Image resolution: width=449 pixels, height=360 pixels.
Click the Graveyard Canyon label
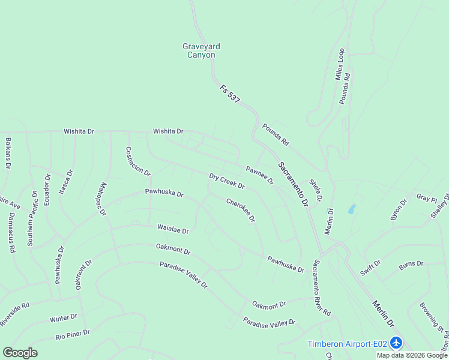tap(199, 50)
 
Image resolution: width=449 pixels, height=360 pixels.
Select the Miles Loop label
tap(340, 64)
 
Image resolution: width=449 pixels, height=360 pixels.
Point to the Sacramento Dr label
tap(293, 184)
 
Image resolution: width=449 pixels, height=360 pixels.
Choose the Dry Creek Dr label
tap(226, 181)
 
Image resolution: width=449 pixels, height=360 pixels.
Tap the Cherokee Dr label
tap(241, 210)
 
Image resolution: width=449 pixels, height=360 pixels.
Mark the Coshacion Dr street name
tap(138, 161)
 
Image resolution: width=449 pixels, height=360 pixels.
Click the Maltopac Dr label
tap(102, 199)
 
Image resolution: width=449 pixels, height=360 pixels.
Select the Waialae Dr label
tap(173, 229)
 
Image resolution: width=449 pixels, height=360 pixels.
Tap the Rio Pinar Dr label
tap(73, 334)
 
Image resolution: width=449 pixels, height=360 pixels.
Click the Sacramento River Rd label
tap(322, 287)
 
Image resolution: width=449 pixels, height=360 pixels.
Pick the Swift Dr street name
tap(370, 268)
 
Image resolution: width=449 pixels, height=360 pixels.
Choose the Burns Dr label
tap(411, 263)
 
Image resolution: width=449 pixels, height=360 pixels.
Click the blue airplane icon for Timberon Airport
tap(396, 343)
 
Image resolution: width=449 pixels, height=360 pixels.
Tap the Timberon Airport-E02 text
tap(347, 344)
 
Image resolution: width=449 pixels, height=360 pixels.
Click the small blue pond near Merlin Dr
tap(352, 209)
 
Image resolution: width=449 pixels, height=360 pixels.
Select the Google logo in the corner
tap(20, 353)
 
